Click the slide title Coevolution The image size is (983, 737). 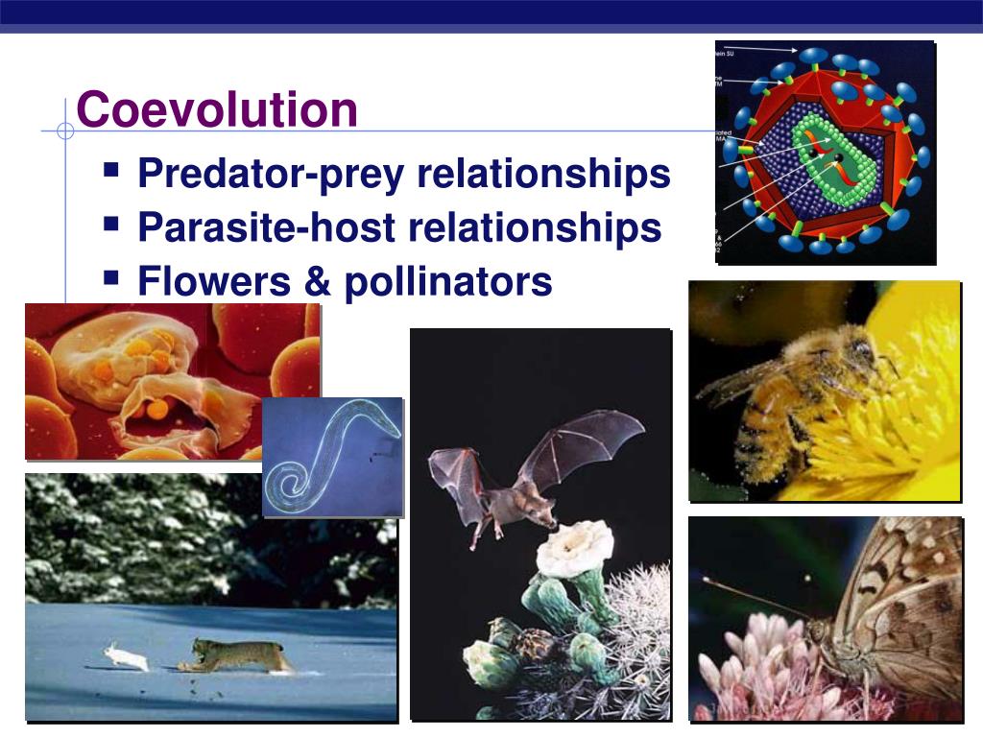pyautogui.click(x=217, y=109)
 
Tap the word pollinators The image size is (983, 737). pyautogui.click(x=448, y=282)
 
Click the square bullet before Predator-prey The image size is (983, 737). pyautogui.click(x=111, y=171)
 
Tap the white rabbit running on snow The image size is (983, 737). pyautogui.click(x=127, y=657)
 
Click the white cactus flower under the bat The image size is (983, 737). pyautogui.click(x=574, y=548)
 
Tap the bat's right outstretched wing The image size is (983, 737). pyautogui.click(x=586, y=441)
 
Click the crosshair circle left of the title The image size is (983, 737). pyautogui.click(x=65, y=131)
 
